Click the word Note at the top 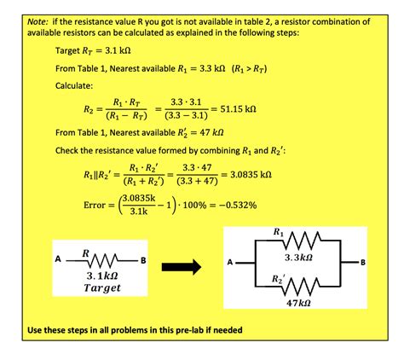pyautogui.click(x=38, y=19)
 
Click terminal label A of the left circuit pyautogui.click(x=57, y=259)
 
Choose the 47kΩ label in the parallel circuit pyautogui.click(x=296, y=303)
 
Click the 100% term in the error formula pyautogui.click(x=184, y=206)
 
